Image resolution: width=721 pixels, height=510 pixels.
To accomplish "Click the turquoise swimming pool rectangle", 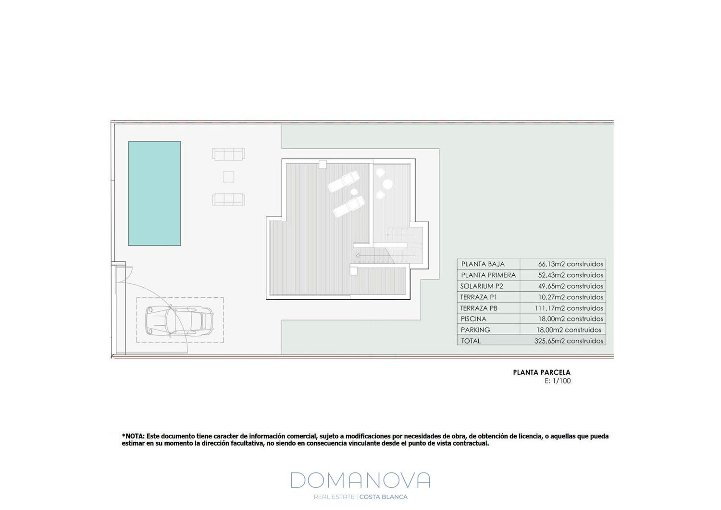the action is tap(154, 193).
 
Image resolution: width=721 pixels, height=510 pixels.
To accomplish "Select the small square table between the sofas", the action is tap(228, 177).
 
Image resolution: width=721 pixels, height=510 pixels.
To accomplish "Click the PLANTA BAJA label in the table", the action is tap(483, 264).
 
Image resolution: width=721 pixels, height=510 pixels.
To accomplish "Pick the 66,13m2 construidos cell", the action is tap(571, 264).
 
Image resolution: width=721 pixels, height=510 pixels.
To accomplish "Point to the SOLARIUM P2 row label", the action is tap(482, 286).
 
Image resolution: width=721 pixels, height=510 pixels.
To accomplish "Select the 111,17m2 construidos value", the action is tap(569, 308).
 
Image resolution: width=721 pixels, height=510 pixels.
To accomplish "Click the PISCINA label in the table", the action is tap(473, 319).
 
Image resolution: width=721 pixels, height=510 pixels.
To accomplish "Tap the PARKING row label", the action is tap(475, 330).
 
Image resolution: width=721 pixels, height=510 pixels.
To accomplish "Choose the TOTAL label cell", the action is tap(471, 341).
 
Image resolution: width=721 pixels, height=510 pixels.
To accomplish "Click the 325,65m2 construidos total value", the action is tap(569, 341).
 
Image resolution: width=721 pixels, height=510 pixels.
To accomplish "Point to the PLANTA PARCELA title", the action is tap(542, 372).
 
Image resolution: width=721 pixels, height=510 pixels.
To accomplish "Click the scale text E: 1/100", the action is tap(558, 381).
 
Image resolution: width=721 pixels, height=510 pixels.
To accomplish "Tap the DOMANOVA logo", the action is tap(360, 480).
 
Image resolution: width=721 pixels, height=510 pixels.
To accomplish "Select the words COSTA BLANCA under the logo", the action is tap(384, 497).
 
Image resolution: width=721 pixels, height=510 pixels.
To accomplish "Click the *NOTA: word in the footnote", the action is tap(133, 436).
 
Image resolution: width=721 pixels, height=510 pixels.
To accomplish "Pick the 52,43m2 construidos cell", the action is tap(571, 275).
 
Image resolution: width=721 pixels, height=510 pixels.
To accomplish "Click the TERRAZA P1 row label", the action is tap(478, 297).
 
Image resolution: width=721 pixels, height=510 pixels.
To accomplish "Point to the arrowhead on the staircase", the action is tap(357, 256).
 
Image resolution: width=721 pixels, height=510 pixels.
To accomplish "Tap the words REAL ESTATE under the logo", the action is tap(334, 497).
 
